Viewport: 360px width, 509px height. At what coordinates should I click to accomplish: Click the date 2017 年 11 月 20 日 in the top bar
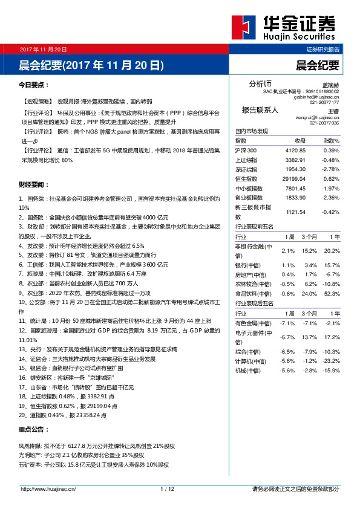[x=42, y=49]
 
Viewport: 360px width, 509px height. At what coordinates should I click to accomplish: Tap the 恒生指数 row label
[x=246, y=179]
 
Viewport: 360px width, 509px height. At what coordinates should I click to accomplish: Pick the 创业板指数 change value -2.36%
[x=331, y=198]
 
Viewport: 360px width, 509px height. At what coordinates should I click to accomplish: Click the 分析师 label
[x=261, y=83]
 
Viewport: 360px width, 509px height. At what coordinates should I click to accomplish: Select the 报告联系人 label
[x=260, y=110]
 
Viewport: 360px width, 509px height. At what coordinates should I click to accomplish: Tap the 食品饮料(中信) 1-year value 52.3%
[x=332, y=294]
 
